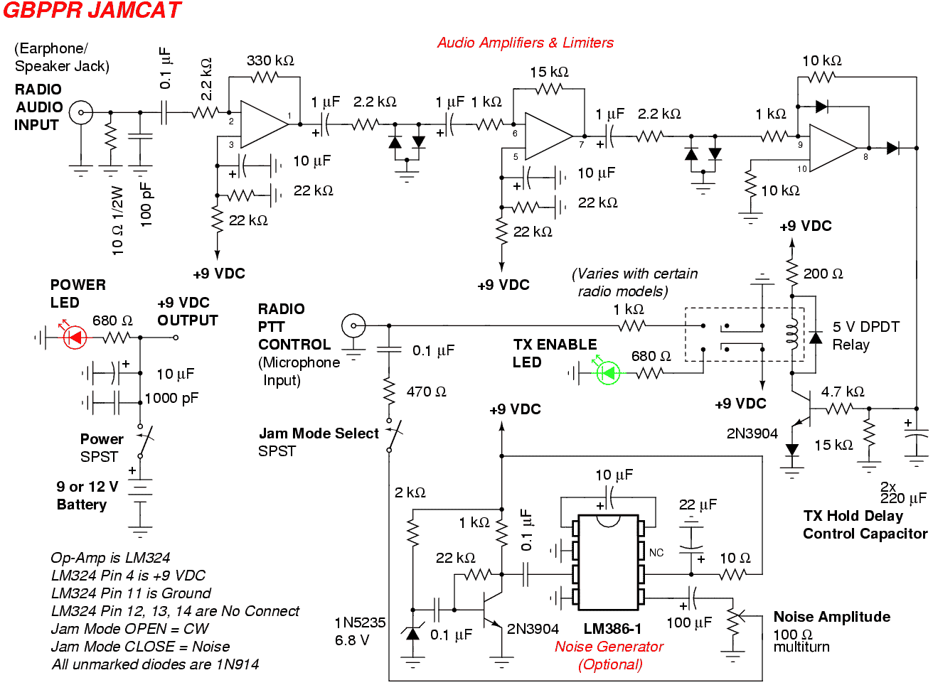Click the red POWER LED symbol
tap(75, 337)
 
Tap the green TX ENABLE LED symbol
tap(608, 372)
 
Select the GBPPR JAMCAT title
tap(92, 10)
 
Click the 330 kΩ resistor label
tap(270, 61)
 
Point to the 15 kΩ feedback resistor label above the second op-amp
tap(549, 72)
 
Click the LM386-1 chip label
tap(612, 628)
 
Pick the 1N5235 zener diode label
tap(360, 622)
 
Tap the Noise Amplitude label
tap(832, 616)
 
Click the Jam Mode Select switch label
tap(319, 433)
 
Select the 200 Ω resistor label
tap(823, 274)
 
